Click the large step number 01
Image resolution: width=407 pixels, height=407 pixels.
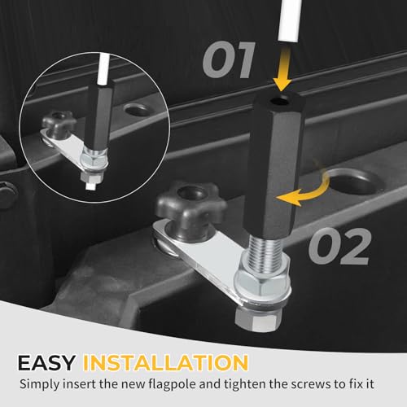pyautogui.click(x=229, y=60)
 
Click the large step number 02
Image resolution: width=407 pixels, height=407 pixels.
pyautogui.click(x=339, y=246)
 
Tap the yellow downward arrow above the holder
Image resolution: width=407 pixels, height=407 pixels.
pyautogui.click(x=282, y=68)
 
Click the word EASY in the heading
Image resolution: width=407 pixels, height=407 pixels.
pyautogui.click(x=46, y=362)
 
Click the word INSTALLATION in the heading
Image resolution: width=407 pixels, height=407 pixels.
pyautogui.click(x=165, y=362)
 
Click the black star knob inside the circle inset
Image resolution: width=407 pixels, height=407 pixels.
pyautogui.click(x=59, y=122)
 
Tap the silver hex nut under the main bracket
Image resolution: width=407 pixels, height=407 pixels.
pyautogui.click(x=257, y=319)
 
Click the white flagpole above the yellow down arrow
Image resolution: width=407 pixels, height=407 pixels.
pyautogui.click(x=291, y=20)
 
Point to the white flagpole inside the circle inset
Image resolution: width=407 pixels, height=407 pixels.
pyautogui.click(x=104, y=69)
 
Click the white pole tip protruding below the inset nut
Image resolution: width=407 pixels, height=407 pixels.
pyautogui.click(x=90, y=186)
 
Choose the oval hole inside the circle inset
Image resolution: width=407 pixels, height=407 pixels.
pyautogui.click(x=138, y=110)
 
